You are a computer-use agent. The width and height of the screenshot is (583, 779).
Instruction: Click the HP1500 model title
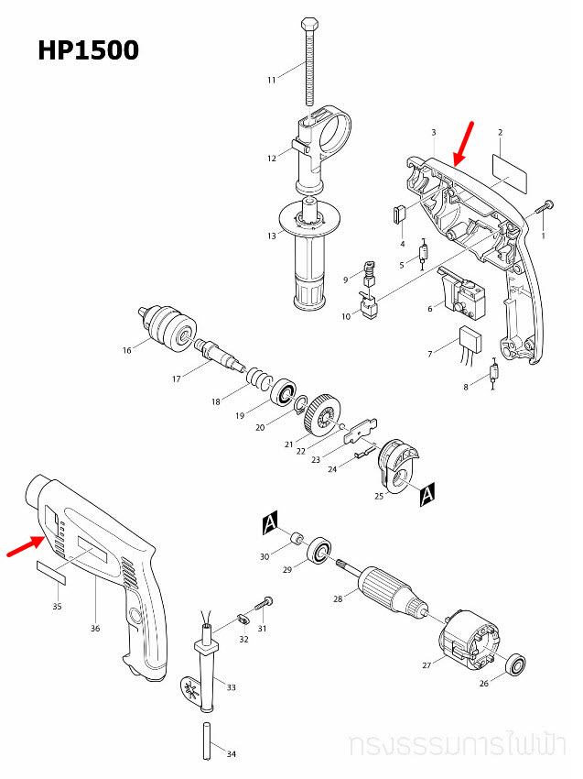pyautogui.click(x=89, y=50)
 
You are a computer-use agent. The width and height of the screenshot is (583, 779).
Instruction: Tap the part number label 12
pyautogui.click(x=272, y=159)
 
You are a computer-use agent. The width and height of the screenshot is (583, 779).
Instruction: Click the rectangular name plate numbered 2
pyautogui.click(x=510, y=170)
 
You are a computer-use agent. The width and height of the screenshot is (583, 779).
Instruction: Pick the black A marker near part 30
pyautogui.click(x=269, y=523)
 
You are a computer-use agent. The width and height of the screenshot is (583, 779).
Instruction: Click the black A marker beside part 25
pyautogui.click(x=426, y=496)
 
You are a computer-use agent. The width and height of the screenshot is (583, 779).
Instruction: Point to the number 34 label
pyautogui.click(x=232, y=754)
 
